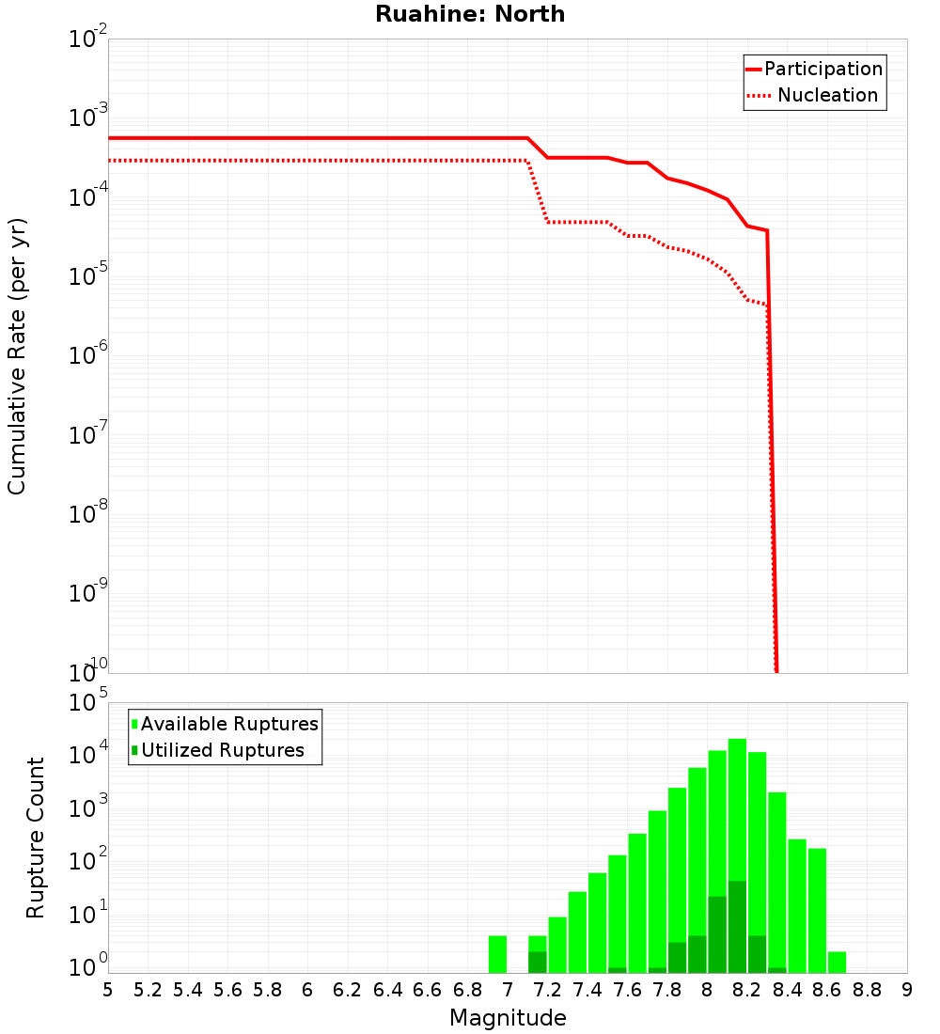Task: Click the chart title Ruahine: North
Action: [470, 14]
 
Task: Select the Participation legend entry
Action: [822, 69]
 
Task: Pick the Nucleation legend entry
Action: [827, 96]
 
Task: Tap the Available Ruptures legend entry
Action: [228, 724]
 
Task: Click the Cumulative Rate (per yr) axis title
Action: [17, 356]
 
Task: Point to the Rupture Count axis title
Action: [36, 837]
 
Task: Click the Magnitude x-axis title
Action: [508, 1018]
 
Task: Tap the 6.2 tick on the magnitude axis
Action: [348, 990]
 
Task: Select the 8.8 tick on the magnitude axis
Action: [868, 990]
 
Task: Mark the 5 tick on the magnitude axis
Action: [108, 990]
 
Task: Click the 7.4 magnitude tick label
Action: [587, 990]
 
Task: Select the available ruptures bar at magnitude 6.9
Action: [497, 954]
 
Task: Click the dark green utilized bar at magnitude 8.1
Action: [737, 927]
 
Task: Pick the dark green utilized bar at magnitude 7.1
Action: [538, 962]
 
